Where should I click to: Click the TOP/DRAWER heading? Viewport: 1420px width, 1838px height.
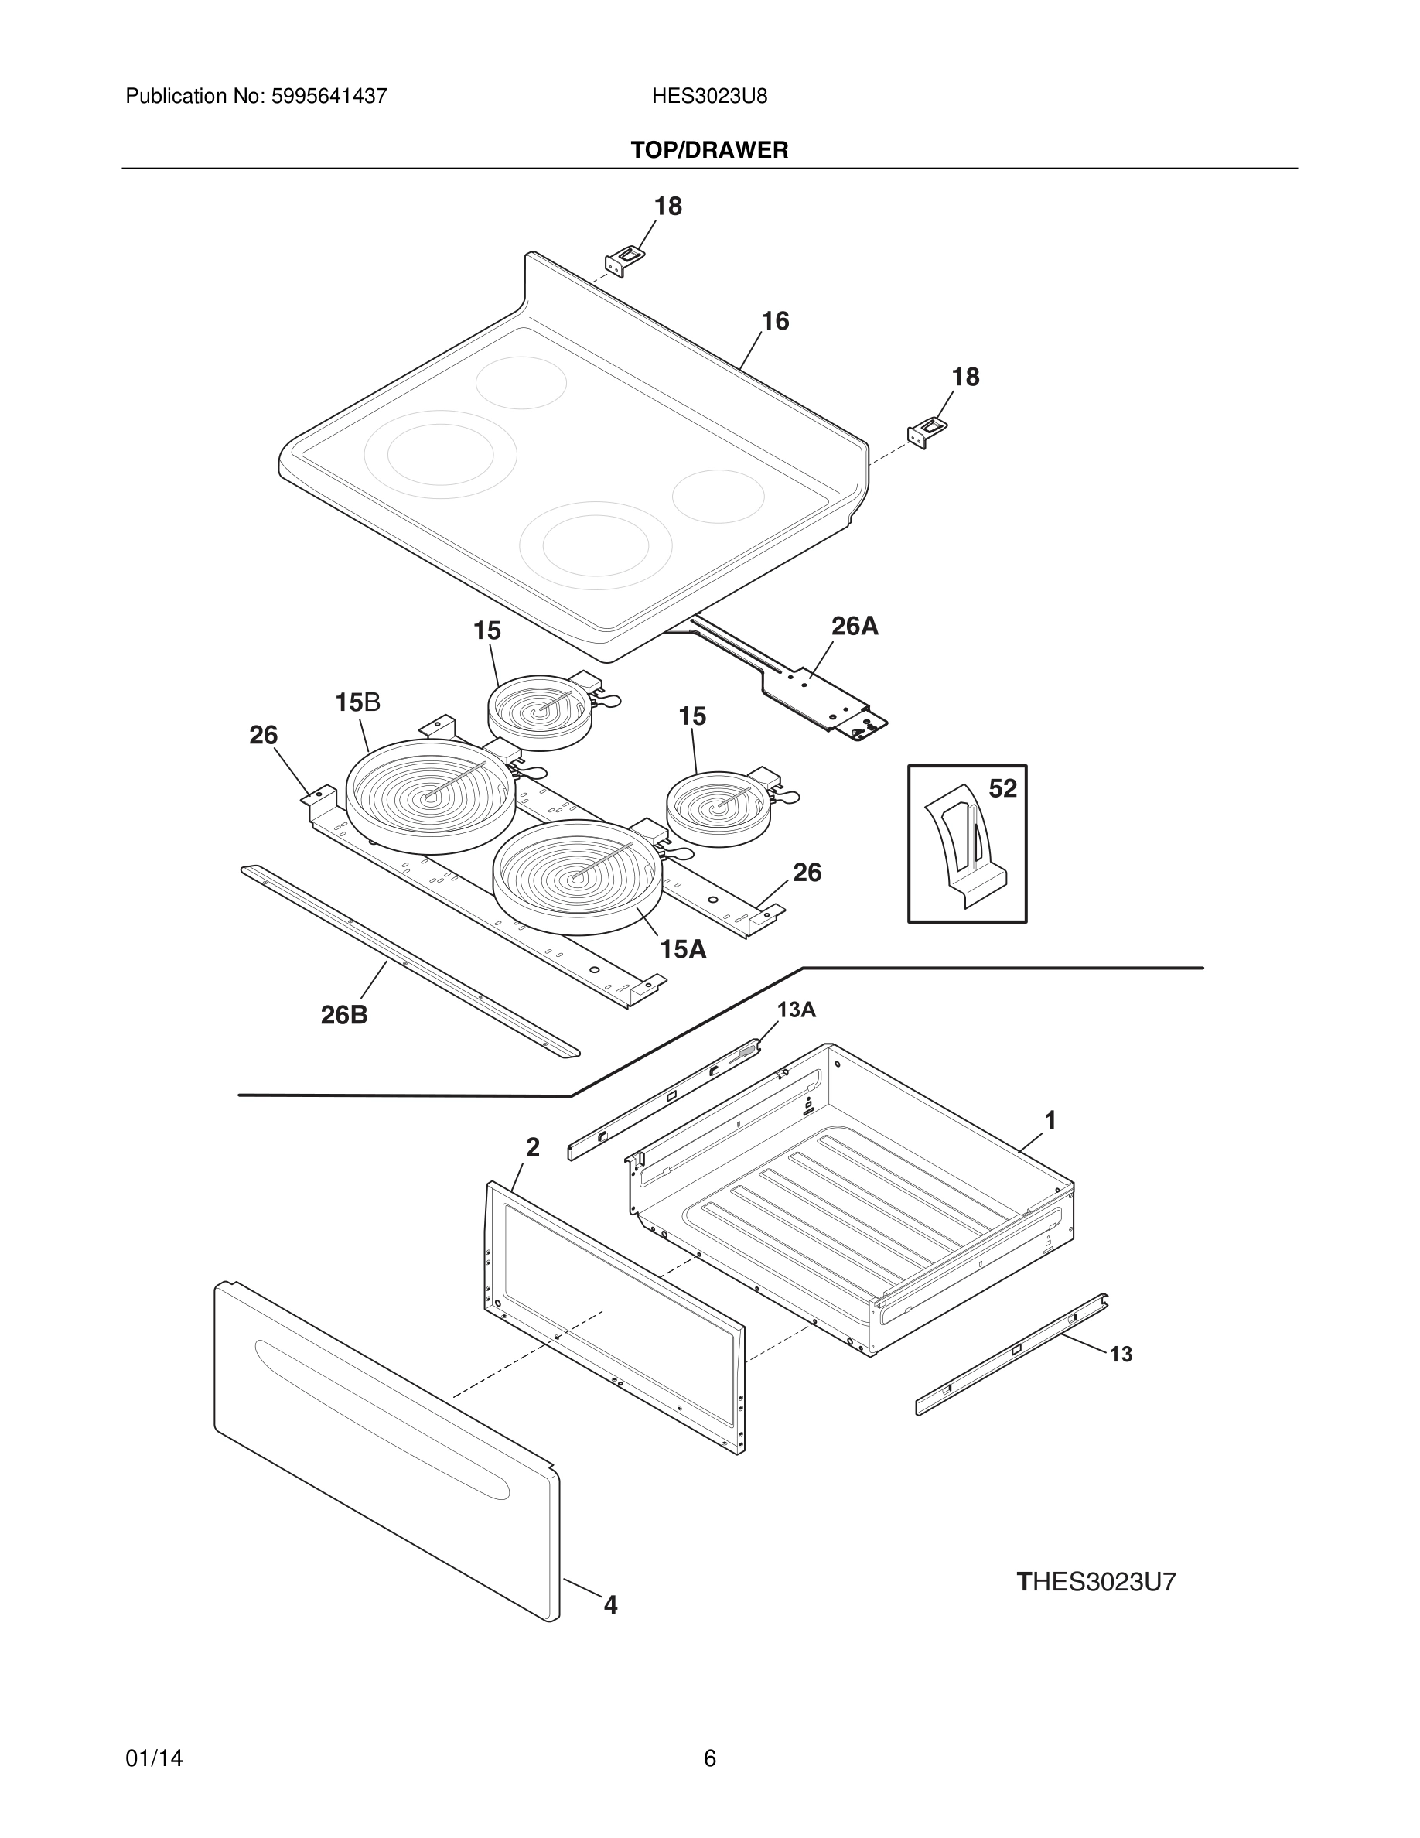point(709,150)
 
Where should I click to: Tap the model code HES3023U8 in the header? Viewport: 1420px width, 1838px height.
point(709,96)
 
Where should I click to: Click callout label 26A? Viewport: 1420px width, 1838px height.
point(855,625)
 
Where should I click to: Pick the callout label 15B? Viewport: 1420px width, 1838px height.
point(357,702)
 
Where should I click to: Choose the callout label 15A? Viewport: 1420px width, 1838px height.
point(682,949)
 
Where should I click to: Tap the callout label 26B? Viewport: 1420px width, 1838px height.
point(344,1015)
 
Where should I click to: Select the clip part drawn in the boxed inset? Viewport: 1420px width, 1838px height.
point(963,850)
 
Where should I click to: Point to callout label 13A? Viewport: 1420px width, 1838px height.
point(796,1009)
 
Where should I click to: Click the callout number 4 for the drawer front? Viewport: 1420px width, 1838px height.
point(611,1605)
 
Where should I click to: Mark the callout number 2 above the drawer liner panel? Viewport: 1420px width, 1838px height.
point(532,1146)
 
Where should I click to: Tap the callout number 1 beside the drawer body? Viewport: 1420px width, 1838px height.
point(1050,1120)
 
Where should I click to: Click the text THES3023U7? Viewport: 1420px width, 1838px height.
point(1096,1582)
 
